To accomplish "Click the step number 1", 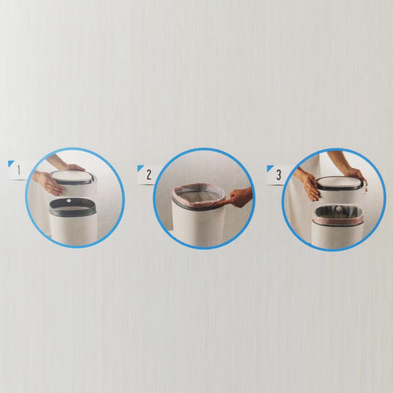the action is click(x=19, y=171).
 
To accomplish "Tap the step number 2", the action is click(x=149, y=174).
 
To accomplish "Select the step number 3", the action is click(x=278, y=174).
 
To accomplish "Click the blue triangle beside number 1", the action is click(x=10, y=163).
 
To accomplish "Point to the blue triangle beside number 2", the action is click(x=140, y=167).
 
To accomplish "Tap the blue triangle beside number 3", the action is click(x=270, y=167).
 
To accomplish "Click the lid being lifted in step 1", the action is click(x=73, y=182).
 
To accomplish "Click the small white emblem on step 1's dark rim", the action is click(x=69, y=201).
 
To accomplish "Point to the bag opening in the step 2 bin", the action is click(x=199, y=195).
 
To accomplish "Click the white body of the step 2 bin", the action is click(x=199, y=226).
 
